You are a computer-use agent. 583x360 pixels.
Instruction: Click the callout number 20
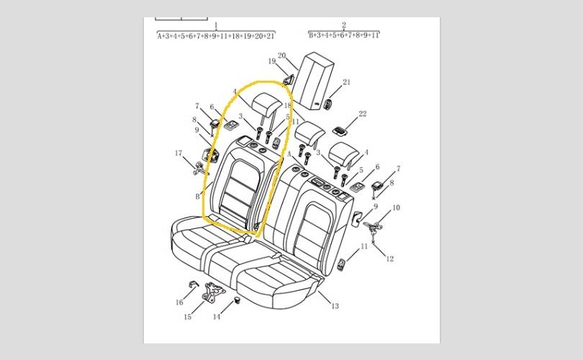click(x=282, y=55)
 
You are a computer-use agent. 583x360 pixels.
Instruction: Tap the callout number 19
click(x=272, y=61)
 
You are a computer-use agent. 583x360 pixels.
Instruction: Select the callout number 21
click(x=346, y=82)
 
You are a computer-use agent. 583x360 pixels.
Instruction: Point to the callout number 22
click(x=363, y=114)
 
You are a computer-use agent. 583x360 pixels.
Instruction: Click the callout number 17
click(x=178, y=153)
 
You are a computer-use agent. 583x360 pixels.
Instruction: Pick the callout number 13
click(x=335, y=306)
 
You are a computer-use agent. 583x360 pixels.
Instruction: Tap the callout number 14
click(x=217, y=317)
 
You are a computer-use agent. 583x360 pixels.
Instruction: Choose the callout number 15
click(x=187, y=317)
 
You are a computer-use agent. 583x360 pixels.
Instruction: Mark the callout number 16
click(x=179, y=302)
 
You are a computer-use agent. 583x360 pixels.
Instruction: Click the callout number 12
click(x=389, y=259)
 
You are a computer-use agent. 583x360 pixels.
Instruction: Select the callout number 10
click(x=396, y=207)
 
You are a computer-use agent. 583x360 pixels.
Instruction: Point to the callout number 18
click(x=288, y=106)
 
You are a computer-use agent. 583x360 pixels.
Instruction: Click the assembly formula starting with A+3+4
click(x=216, y=36)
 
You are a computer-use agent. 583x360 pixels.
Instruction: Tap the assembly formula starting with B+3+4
click(x=344, y=35)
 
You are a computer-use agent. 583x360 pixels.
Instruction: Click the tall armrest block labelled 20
click(x=315, y=81)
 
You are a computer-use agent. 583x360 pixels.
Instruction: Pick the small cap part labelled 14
click(x=237, y=300)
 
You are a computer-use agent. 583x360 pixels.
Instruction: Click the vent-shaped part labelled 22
click(x=339, y=130)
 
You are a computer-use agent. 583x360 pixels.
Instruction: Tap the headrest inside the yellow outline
click(x=266, y=104)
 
